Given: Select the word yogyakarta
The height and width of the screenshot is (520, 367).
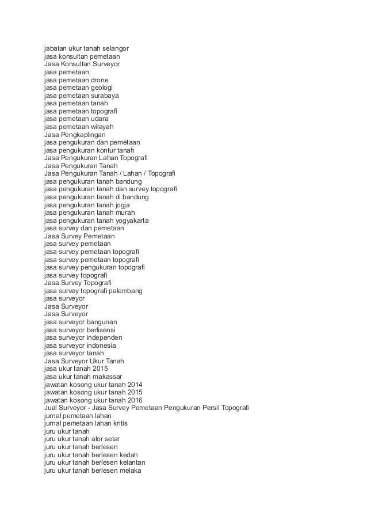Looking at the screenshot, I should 142,220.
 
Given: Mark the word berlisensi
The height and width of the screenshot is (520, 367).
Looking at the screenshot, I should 105,330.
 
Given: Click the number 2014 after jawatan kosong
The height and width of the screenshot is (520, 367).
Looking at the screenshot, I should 135,384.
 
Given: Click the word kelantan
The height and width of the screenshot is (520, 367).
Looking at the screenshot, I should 132,462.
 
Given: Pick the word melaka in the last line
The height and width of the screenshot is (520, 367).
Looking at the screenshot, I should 129,470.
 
